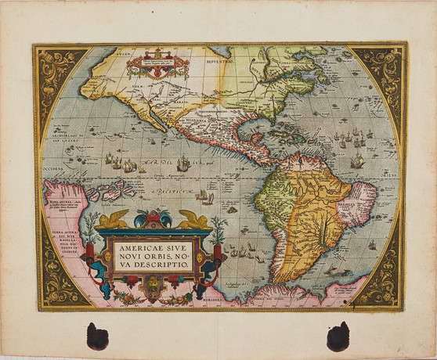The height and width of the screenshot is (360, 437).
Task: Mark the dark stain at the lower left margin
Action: click(98, 335)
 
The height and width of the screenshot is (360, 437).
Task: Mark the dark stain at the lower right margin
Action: click(338, 336)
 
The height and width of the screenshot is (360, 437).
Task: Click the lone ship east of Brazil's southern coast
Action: click(371, 244)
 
